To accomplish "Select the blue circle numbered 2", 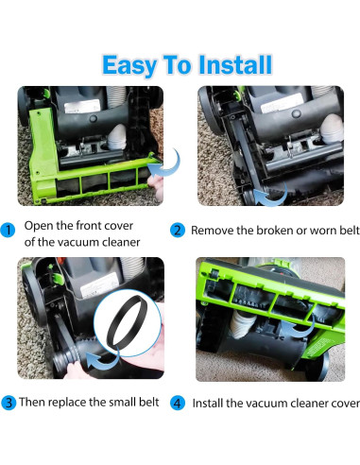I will (x=179, y=230).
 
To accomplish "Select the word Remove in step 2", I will (x=215, y=230).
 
